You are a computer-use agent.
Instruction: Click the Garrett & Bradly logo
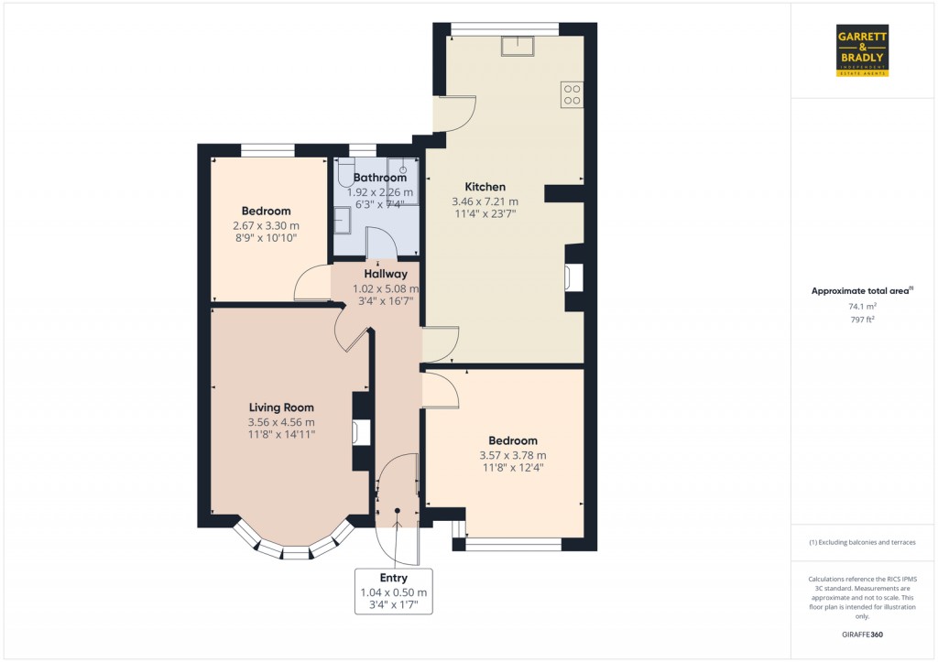coord(862,50)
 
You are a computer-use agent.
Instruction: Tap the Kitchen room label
coord(485,187)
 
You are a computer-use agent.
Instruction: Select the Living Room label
coord(281,407)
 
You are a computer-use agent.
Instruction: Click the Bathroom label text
coord(380,178)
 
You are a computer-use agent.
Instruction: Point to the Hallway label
coord(386,274)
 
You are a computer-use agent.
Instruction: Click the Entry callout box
coord(394,591)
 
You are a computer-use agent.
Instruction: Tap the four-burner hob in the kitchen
coord(572,94)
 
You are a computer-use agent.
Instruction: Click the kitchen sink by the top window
coord(518,46)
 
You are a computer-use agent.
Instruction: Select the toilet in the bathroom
coord(345,173)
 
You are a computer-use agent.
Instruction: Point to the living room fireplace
coord(361,431)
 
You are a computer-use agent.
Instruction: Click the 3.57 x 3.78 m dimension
coord(513,455)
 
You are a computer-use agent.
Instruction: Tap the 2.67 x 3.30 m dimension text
coord(267,225)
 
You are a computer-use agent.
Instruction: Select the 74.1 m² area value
coord(862,306)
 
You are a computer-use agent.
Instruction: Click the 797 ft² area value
coord(862,320)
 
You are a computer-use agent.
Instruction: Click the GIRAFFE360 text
coord(862,635)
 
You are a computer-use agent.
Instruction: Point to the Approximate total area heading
coord(862,291)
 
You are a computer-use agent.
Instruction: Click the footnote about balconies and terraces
coord(862,542)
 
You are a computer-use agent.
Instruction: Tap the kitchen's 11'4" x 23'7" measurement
coord(485,213)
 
